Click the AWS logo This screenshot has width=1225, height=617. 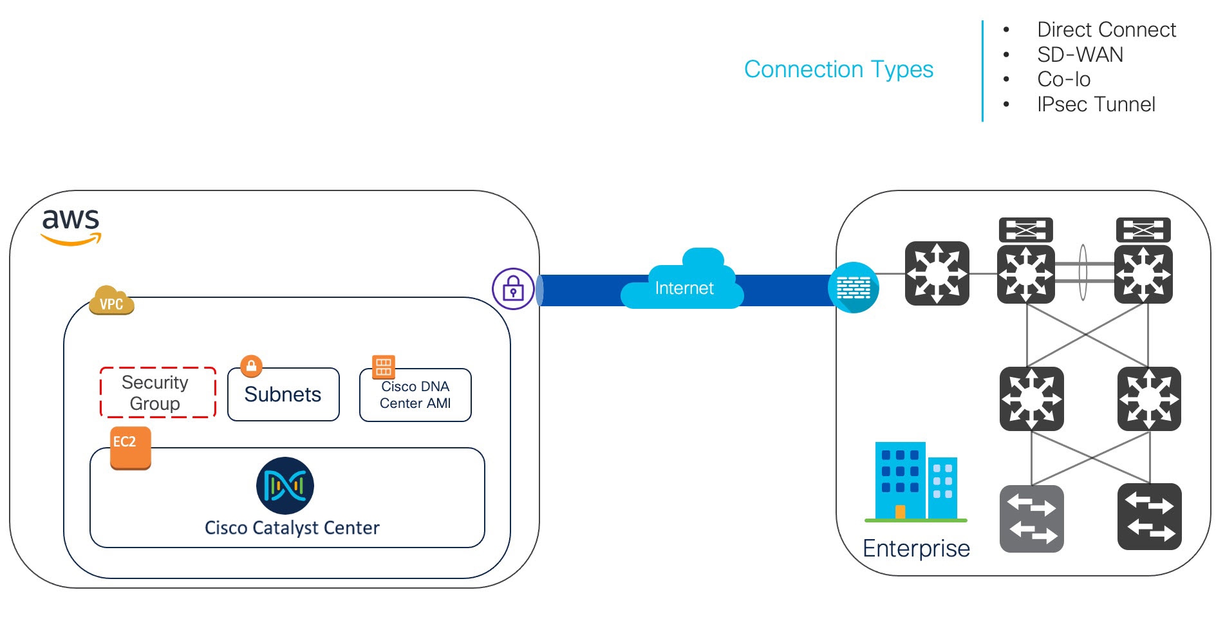tap(71, 226)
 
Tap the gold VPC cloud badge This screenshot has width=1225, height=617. tap(111, 301)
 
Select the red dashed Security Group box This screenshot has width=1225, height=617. tap(157, 392)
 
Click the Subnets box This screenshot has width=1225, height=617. tap(283, 395)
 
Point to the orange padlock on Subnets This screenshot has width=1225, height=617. tap(251, 366)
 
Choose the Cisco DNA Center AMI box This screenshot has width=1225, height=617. tap(415, 395)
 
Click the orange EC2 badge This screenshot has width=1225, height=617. tap(130, 447)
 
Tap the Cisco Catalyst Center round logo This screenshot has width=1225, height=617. tap(285, 486)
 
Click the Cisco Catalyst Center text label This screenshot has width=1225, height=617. tap(292, 528)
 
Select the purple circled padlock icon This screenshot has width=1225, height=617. tap(513, 289)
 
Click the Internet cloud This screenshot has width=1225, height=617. tap(683, 283)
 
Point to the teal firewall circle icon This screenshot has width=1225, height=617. tap(853, 288)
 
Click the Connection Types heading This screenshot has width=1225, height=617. tap(838, 69)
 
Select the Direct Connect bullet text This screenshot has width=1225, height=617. tap(1106, 30)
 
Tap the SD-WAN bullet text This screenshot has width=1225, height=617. tap(1080, 55)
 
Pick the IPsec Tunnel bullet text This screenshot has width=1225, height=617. tap(1096, 104)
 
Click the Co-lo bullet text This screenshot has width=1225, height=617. tap(1063, 79)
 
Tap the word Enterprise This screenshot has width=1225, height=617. tap(915, 549)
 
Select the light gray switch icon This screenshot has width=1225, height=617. tap(1031, 519)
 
